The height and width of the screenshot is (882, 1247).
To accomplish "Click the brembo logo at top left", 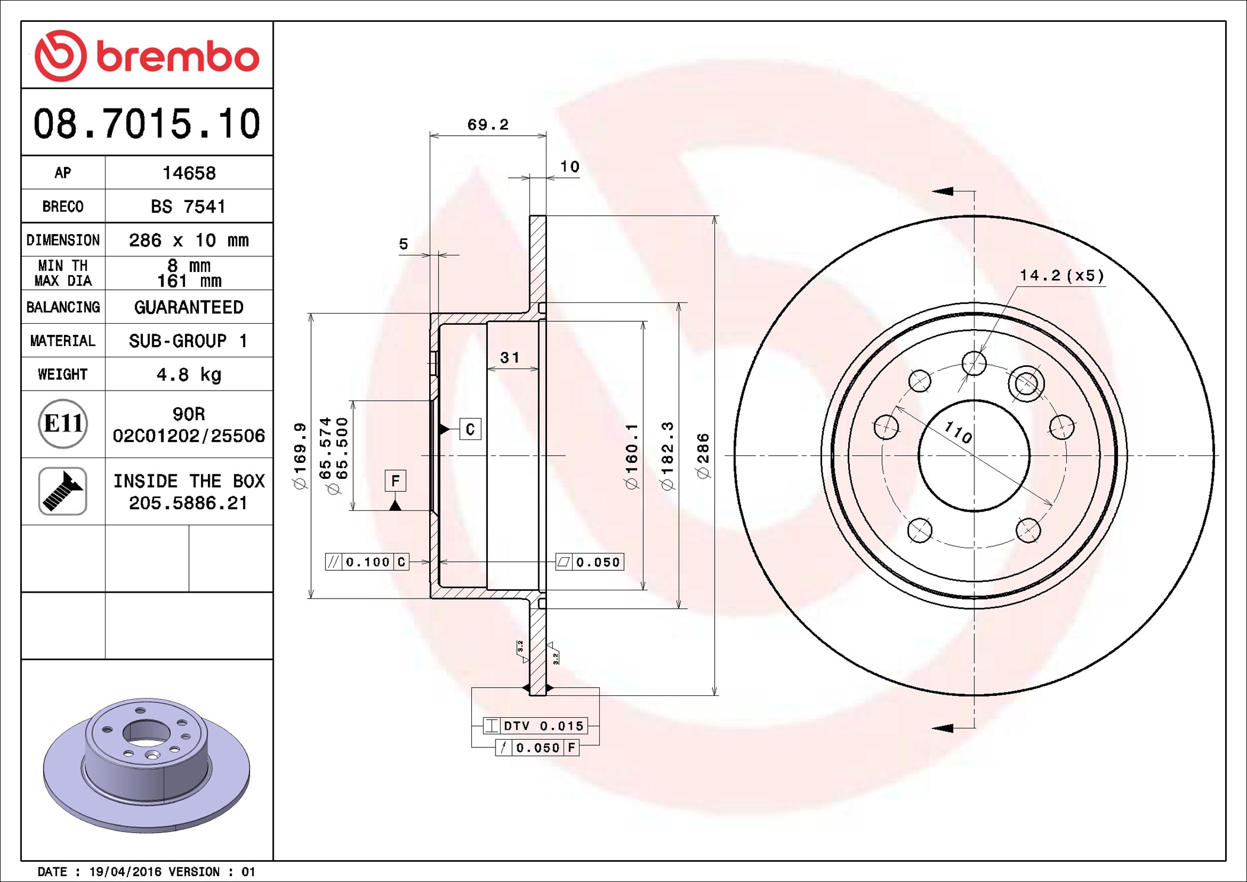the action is pos(147,56).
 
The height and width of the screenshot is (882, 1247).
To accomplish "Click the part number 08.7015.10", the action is pos(146,124).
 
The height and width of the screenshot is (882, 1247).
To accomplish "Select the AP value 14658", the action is pos(189,173).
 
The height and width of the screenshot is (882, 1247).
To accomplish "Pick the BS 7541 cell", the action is pos(188,206).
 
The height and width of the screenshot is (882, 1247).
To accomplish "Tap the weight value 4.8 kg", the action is pos(189,375).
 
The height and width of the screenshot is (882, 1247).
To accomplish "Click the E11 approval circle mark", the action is pos(63,423).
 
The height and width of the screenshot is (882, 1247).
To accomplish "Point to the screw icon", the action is pos(63,491).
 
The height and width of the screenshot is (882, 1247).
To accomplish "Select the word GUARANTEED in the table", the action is pos(188,307).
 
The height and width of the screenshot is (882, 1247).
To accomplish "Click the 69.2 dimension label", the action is pos(488,124).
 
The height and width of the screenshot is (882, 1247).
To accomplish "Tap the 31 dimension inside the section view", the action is pos(510,357).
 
